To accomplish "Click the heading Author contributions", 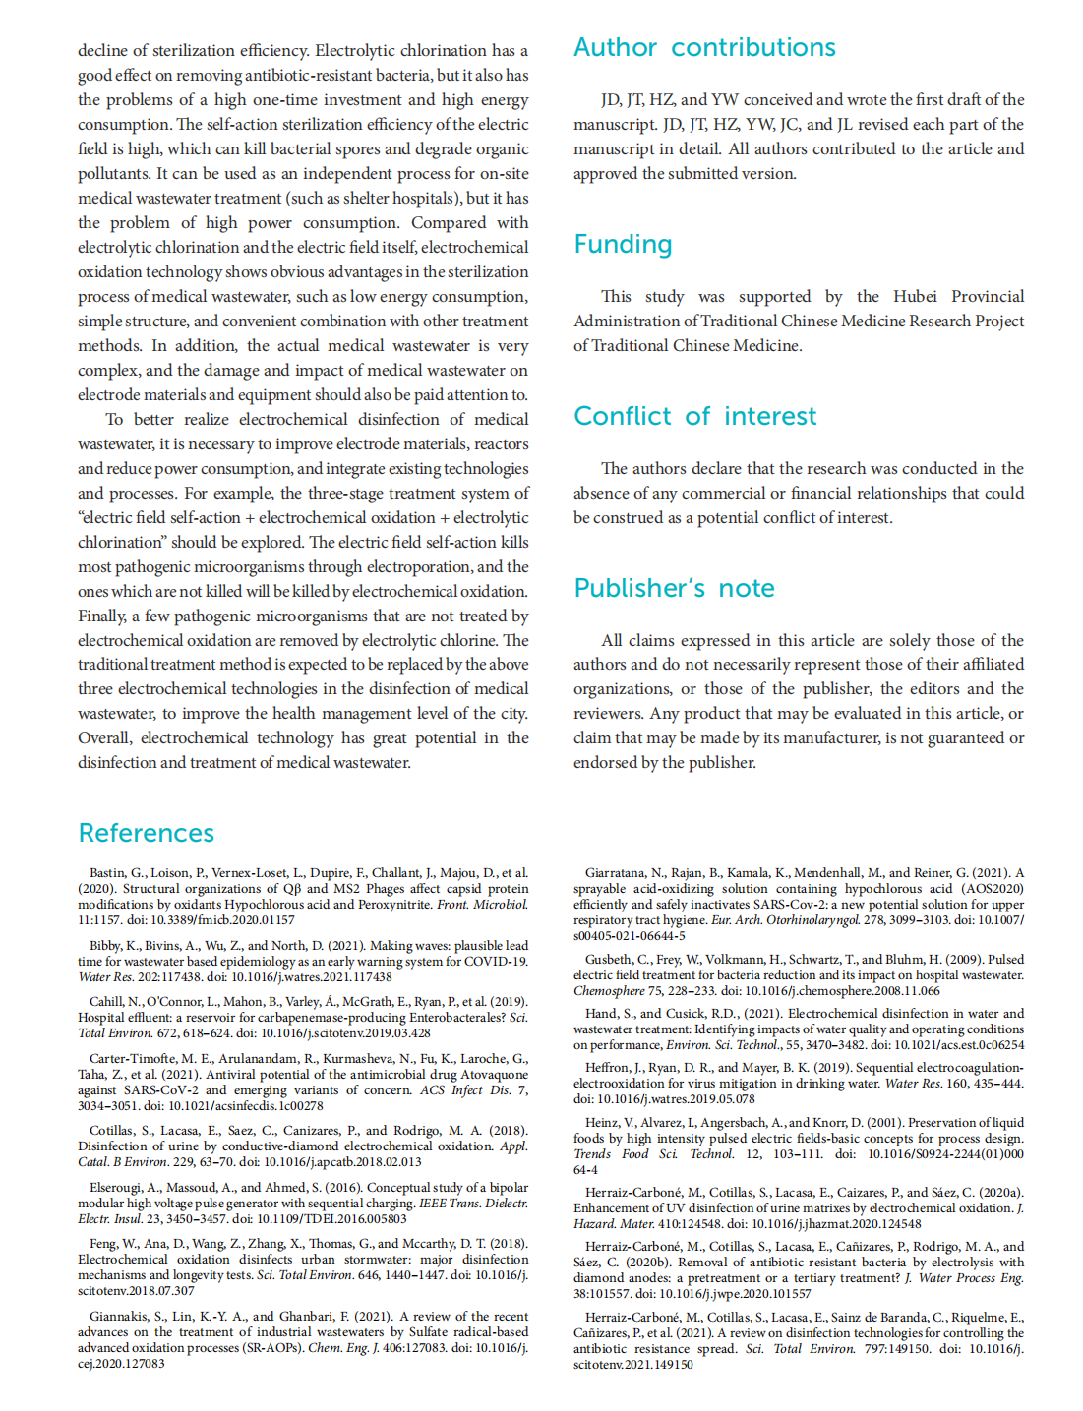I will coord(704,47).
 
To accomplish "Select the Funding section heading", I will coord(623,244).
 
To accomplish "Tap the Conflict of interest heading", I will coord(694,416).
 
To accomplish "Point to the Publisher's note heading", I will coord(674,588).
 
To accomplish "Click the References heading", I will coord(146,833).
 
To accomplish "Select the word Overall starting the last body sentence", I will coord(103,737).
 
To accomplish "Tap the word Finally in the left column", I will coord(102,616).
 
